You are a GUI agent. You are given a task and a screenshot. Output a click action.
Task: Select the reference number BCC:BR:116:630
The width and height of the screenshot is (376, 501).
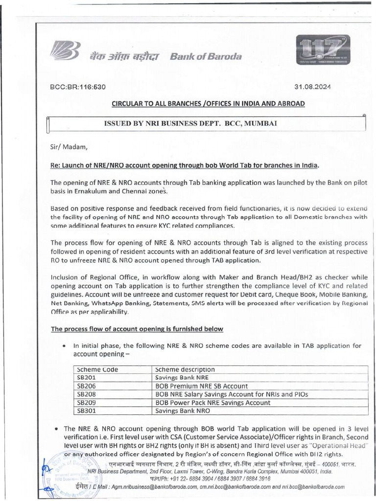(x=78, y=87)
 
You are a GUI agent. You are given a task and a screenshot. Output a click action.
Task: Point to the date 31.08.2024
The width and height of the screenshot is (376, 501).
(x=312, y=87)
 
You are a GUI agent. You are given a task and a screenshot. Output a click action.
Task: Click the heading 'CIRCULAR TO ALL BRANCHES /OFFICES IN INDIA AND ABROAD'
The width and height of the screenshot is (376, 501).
(x=209, y=104)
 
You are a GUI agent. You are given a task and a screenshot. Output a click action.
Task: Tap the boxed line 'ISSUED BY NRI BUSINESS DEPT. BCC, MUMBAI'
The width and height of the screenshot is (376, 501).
(x=191, y=124)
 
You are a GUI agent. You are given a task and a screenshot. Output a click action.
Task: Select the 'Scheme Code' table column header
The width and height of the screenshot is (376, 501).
(x=97, y=369)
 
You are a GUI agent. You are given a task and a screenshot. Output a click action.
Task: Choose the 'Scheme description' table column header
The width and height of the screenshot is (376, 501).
(x=185, y=369)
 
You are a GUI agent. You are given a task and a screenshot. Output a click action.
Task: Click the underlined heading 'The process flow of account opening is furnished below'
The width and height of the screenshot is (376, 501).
(x=137, y=329)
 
